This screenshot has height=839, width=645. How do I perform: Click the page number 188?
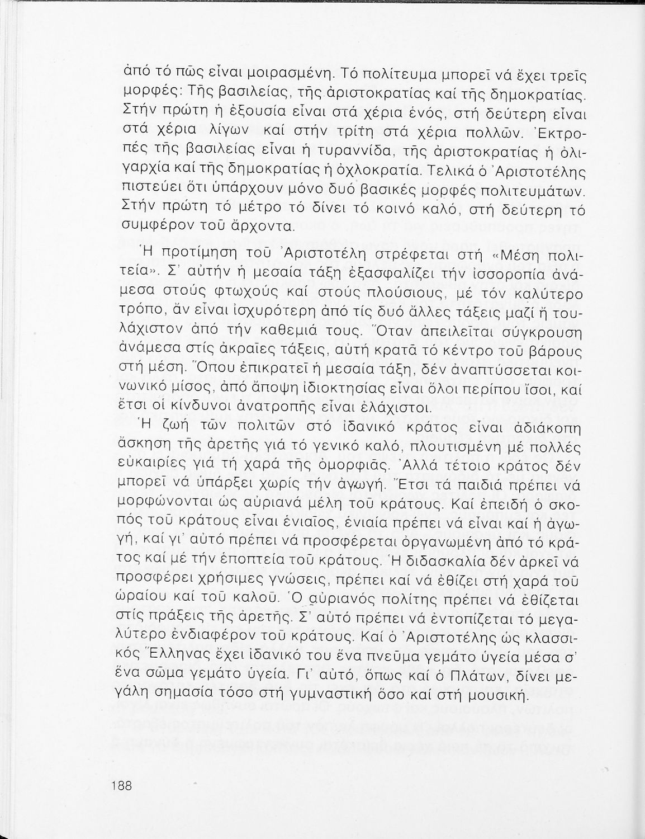point(120,785)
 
